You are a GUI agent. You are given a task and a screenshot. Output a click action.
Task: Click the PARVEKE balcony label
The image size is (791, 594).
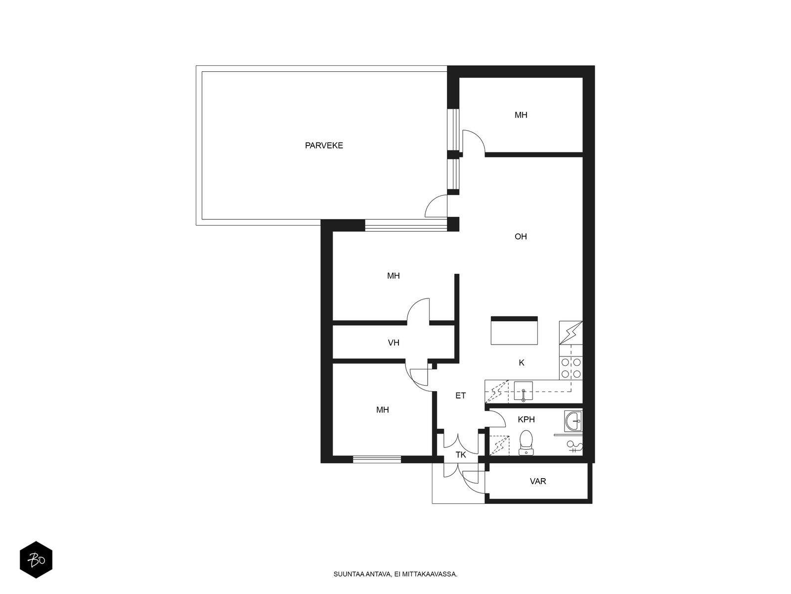(x=324, y=146)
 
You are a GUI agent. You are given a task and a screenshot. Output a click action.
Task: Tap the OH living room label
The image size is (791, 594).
(x=521, y=236)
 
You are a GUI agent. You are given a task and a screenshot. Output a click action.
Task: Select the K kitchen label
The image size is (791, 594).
(x=521, y=362)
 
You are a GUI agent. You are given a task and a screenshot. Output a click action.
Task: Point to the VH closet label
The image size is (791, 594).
(x=393, y=342)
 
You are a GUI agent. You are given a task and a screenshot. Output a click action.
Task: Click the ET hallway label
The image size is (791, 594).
(x=460, y=396)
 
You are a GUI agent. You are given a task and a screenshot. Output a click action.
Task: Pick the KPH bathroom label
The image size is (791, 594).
(x=526, y=419)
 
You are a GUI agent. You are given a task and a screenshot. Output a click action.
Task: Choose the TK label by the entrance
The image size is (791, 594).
(x=461, y=454)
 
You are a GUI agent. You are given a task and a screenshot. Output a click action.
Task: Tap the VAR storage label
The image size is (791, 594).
(x=538, y=481)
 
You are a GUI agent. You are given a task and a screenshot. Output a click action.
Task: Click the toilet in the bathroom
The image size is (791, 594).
(x=526, y=442)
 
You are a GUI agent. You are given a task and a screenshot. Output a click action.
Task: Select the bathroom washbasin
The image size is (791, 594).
(x=573, y=421)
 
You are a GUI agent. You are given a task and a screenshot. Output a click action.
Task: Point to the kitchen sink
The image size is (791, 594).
(x=523, y=392)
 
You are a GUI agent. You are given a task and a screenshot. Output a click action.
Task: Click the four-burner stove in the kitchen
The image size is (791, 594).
(x=571, y=368)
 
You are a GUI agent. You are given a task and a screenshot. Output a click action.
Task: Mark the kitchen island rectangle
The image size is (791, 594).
(x=514, y=330)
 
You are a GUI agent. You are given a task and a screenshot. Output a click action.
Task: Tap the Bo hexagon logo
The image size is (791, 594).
(x=36, y=559)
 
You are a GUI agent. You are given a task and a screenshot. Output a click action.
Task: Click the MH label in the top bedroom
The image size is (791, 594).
(x=521, y=115)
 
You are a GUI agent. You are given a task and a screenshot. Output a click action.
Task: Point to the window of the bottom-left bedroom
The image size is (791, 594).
(x=377, y=459)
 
